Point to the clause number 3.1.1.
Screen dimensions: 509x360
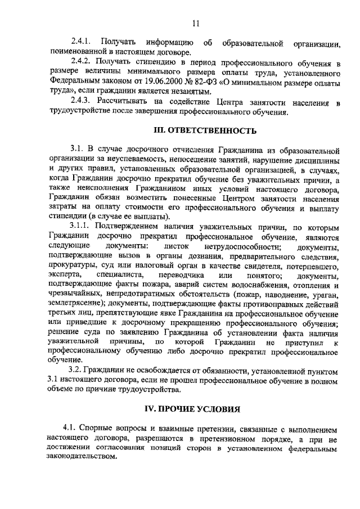pyautogui.click(x=80, y=227)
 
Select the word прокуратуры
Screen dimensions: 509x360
pyautogui.click(x=74, y=266)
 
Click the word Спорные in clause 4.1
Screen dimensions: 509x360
pyautogui.click(x=99, y=430)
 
